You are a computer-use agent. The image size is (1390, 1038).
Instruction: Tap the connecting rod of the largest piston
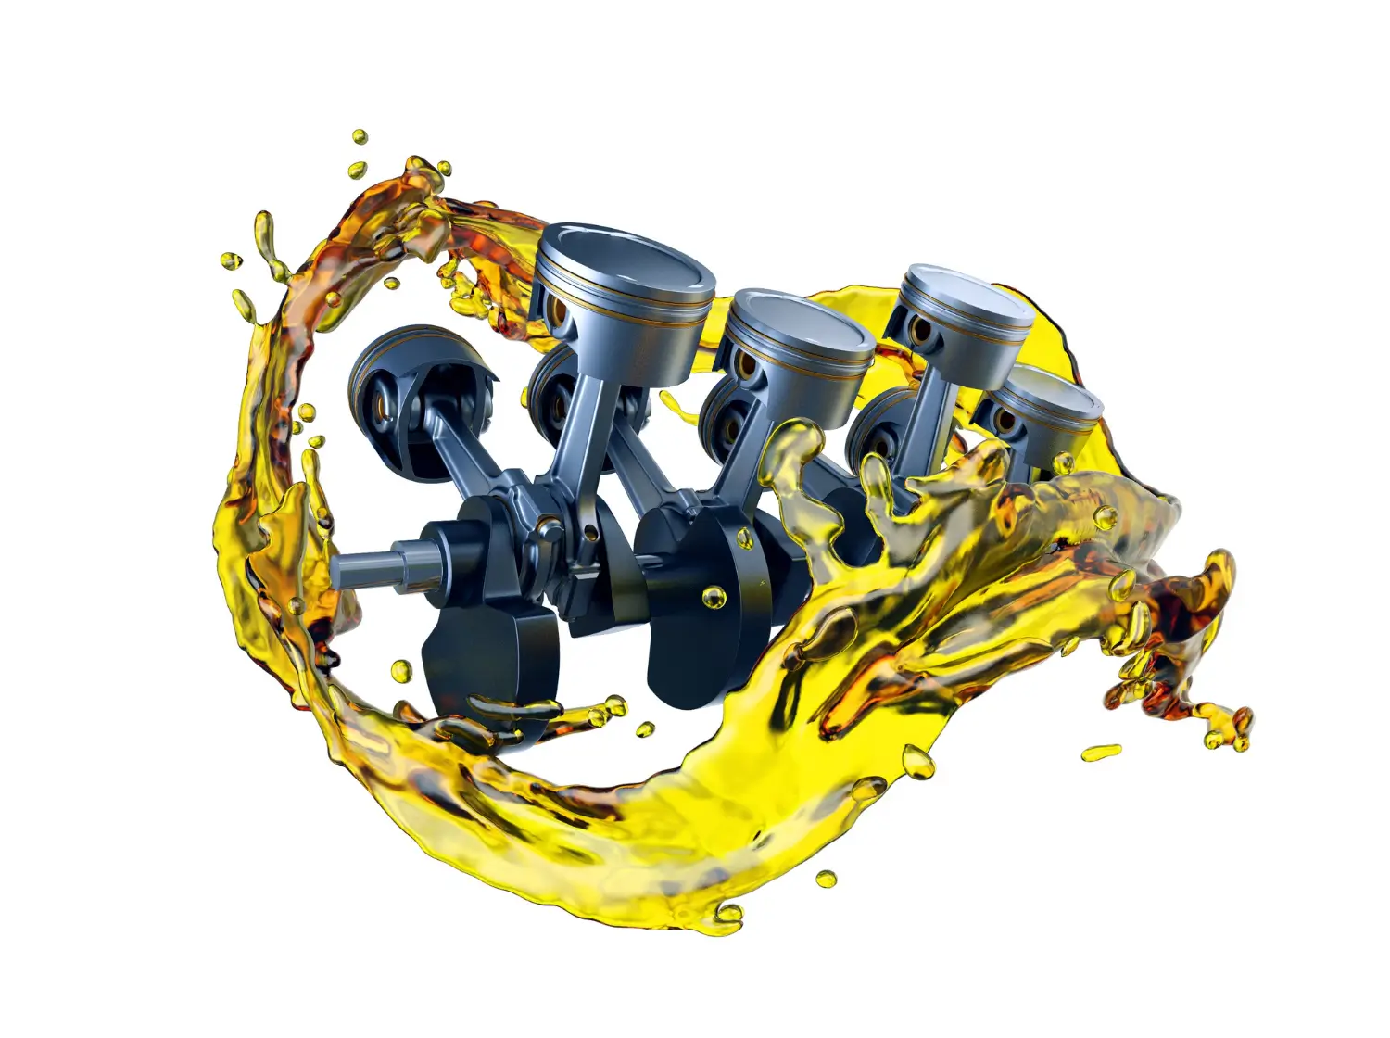point(579,408)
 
